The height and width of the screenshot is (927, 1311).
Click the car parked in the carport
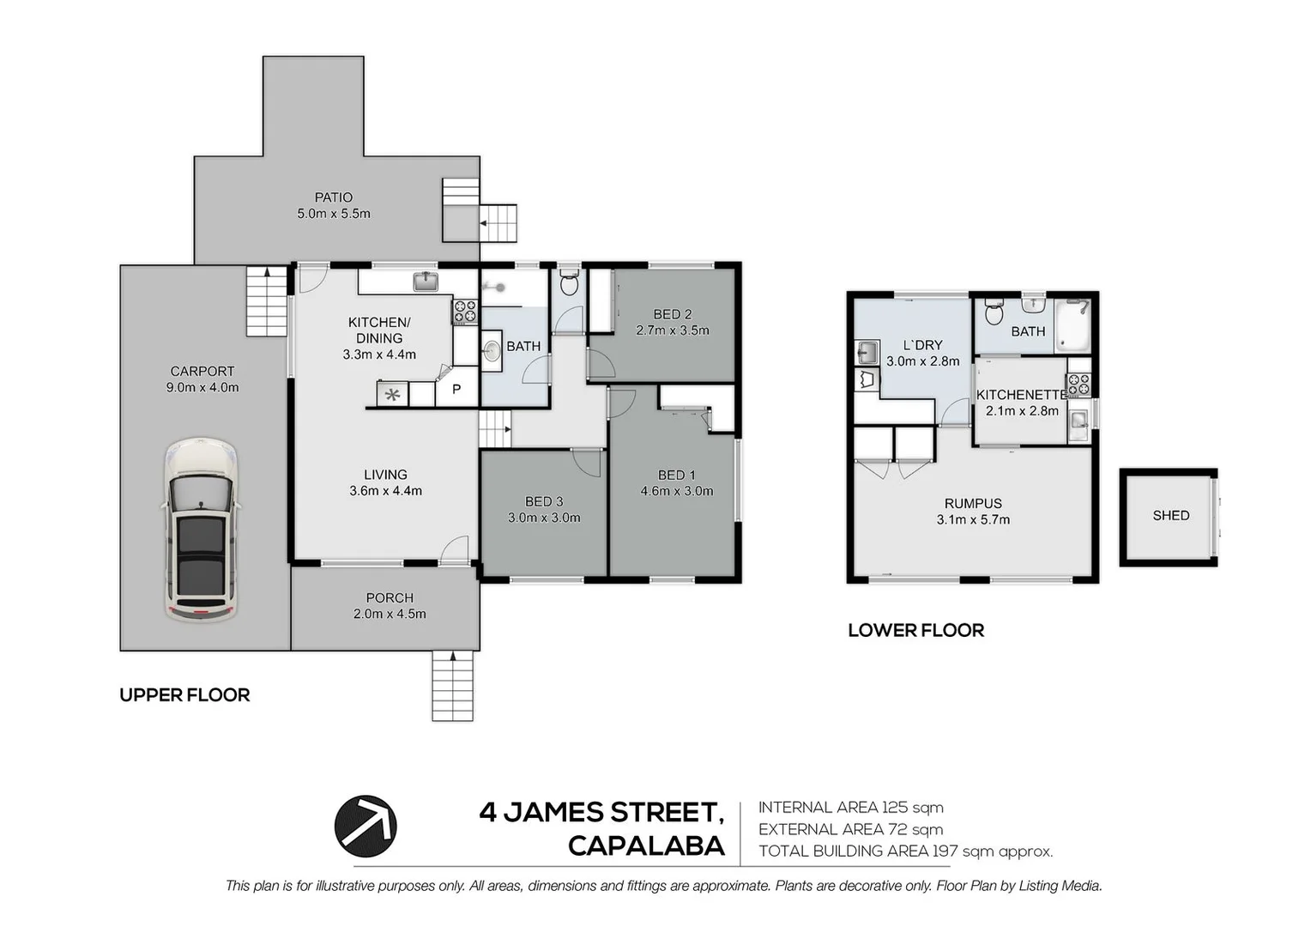click(x=201, y=530)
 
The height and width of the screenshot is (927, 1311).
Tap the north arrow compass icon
click(x=366, y=826)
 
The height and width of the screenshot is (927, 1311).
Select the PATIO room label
click(x=334, y=197)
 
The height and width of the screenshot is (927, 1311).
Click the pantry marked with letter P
click(x=456, y=391)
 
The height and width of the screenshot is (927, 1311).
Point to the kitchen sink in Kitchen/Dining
click(x=426, y=282)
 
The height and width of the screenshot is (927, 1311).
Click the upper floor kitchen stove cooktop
click(x=465, y=312)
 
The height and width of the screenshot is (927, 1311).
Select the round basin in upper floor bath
click(x=492, y=351)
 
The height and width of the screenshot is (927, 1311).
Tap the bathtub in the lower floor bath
click(x=1072, y=325)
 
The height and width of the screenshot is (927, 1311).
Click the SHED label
click(x=1170, y=515)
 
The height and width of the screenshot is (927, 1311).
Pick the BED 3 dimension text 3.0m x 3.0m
click(x=544, y=518)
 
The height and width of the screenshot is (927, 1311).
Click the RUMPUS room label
click(x=973, y=504)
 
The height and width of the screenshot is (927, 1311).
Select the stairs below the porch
click(x=452, y=685)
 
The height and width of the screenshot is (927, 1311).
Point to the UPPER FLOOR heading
click(x=184, y=695)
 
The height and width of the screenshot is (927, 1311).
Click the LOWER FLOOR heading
click(x=915, y=630)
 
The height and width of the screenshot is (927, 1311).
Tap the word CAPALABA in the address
click(x=646, y=845)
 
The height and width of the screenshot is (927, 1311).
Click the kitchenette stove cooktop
click(x=1078, y=385)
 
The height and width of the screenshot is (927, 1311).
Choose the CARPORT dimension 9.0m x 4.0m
click(x=202, y=387)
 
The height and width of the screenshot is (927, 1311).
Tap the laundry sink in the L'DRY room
click(x=866, y=352)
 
